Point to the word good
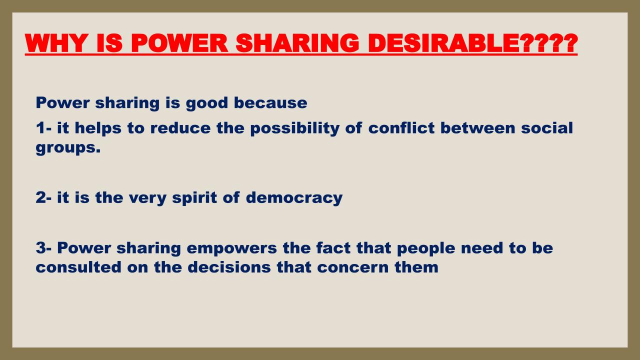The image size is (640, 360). pos(207,103)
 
